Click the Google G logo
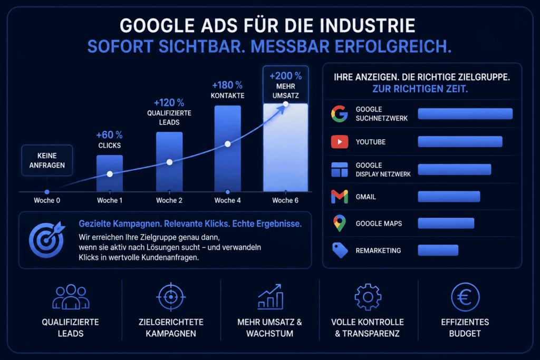[340, 113]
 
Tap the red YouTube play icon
[340, 142]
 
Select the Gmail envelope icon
[340, 197]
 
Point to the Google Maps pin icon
[340, 223]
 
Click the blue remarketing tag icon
[340, 250]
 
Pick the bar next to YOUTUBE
[460, 142]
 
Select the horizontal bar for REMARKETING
[438, 250]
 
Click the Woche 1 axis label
[110, 200]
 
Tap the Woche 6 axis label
[285, 200]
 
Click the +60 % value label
[110, 134]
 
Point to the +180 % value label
[227, 85]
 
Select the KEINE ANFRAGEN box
[47, 160]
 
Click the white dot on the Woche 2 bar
[169, 162]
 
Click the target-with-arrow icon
[47, 239]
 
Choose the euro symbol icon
[465, 297]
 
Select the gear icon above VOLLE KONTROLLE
[368, 297]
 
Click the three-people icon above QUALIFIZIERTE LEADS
[71, 297]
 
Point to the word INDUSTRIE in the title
[368, 26]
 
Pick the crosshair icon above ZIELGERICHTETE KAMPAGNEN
[171, 297]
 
